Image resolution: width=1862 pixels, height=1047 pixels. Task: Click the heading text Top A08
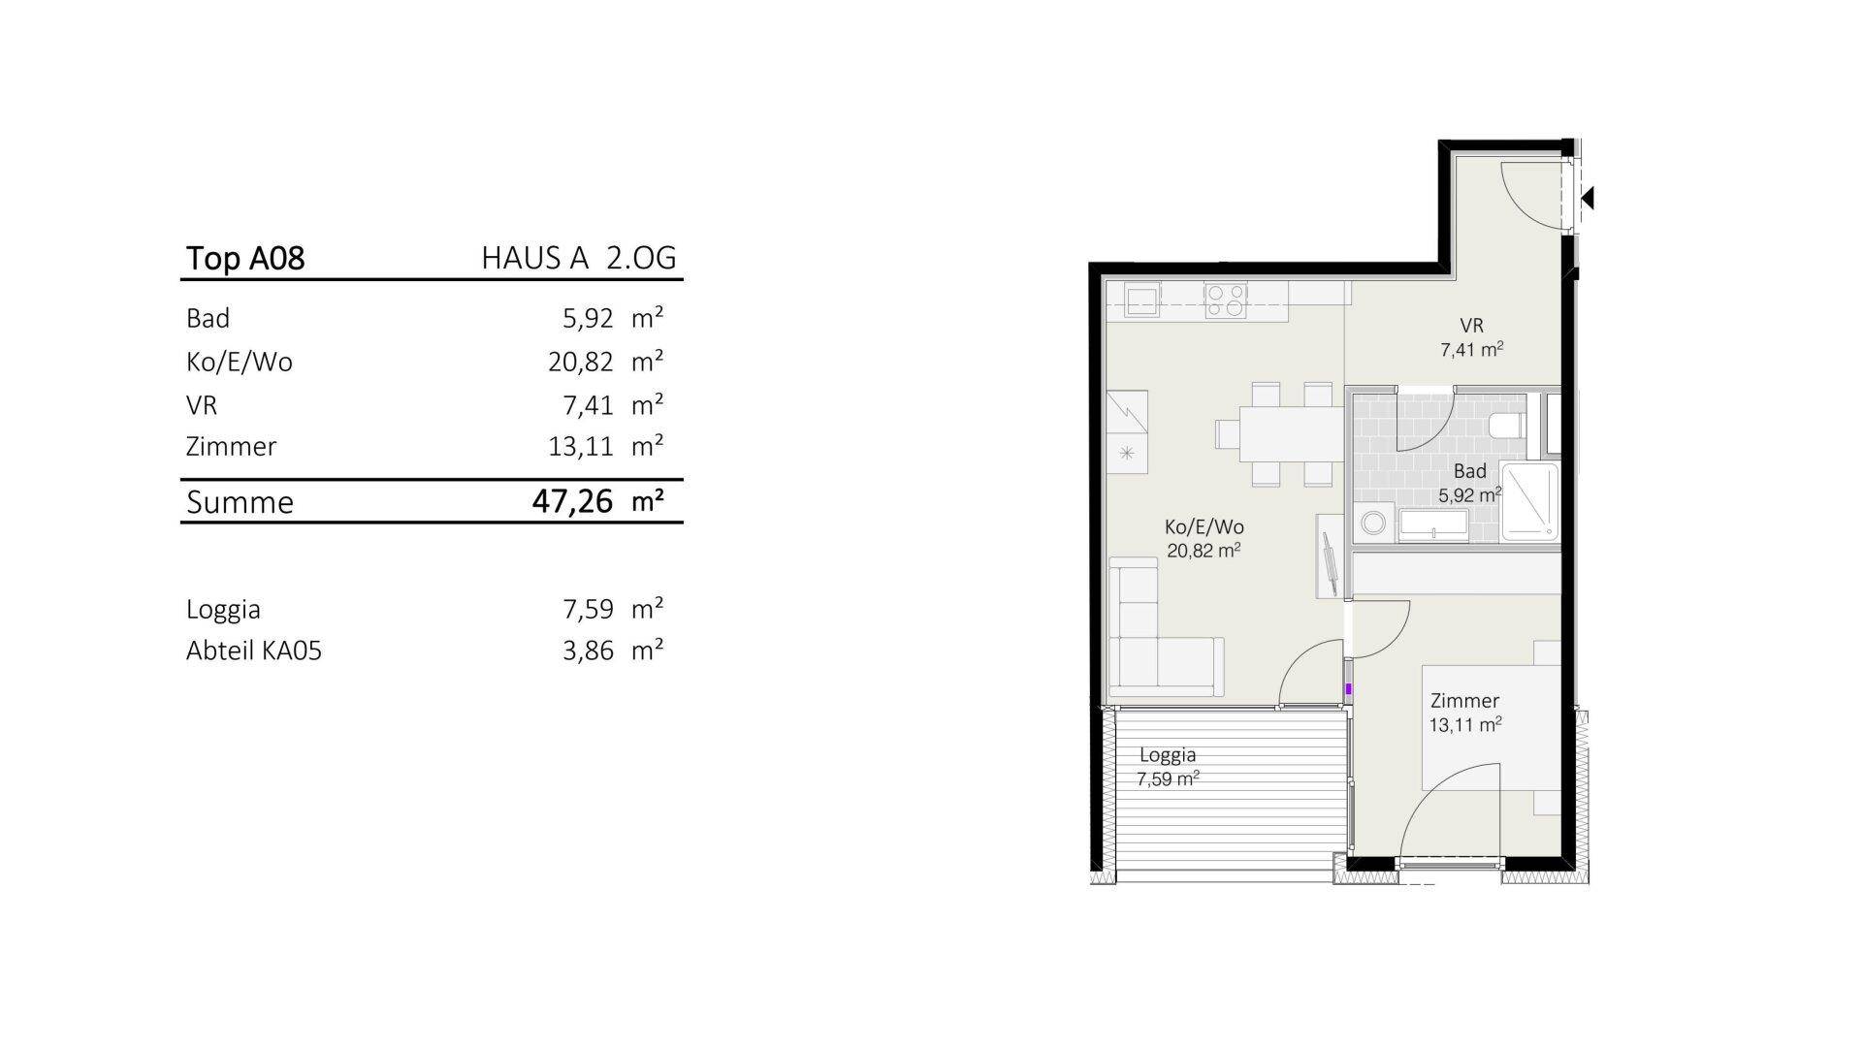tap(245, 258)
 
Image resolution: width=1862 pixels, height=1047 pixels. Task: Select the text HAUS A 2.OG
tap(579, 258)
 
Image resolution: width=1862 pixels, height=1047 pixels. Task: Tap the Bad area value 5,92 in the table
tap(589, 319)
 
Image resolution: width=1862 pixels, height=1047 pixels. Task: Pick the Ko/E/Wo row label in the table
tap(240, 362)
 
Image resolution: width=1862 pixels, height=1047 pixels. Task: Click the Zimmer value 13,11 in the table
tap(581, 446)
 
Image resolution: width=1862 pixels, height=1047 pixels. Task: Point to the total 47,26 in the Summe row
tap(573, 501)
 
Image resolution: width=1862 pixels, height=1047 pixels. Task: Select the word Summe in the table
tap(240, 502)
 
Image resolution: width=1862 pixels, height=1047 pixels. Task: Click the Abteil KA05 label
tap(254, 650)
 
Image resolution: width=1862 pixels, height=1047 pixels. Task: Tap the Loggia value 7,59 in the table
tap(589, 609)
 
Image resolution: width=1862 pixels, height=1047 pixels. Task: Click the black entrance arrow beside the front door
tap(1588, 199)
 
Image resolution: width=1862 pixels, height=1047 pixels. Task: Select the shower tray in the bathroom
tap(1529, 500)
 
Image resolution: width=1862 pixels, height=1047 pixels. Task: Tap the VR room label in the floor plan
tap(1471, 326)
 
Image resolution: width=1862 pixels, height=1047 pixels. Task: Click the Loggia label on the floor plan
tap(1168, 755)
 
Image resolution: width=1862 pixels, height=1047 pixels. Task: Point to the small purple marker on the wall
tap(1348, 689)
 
